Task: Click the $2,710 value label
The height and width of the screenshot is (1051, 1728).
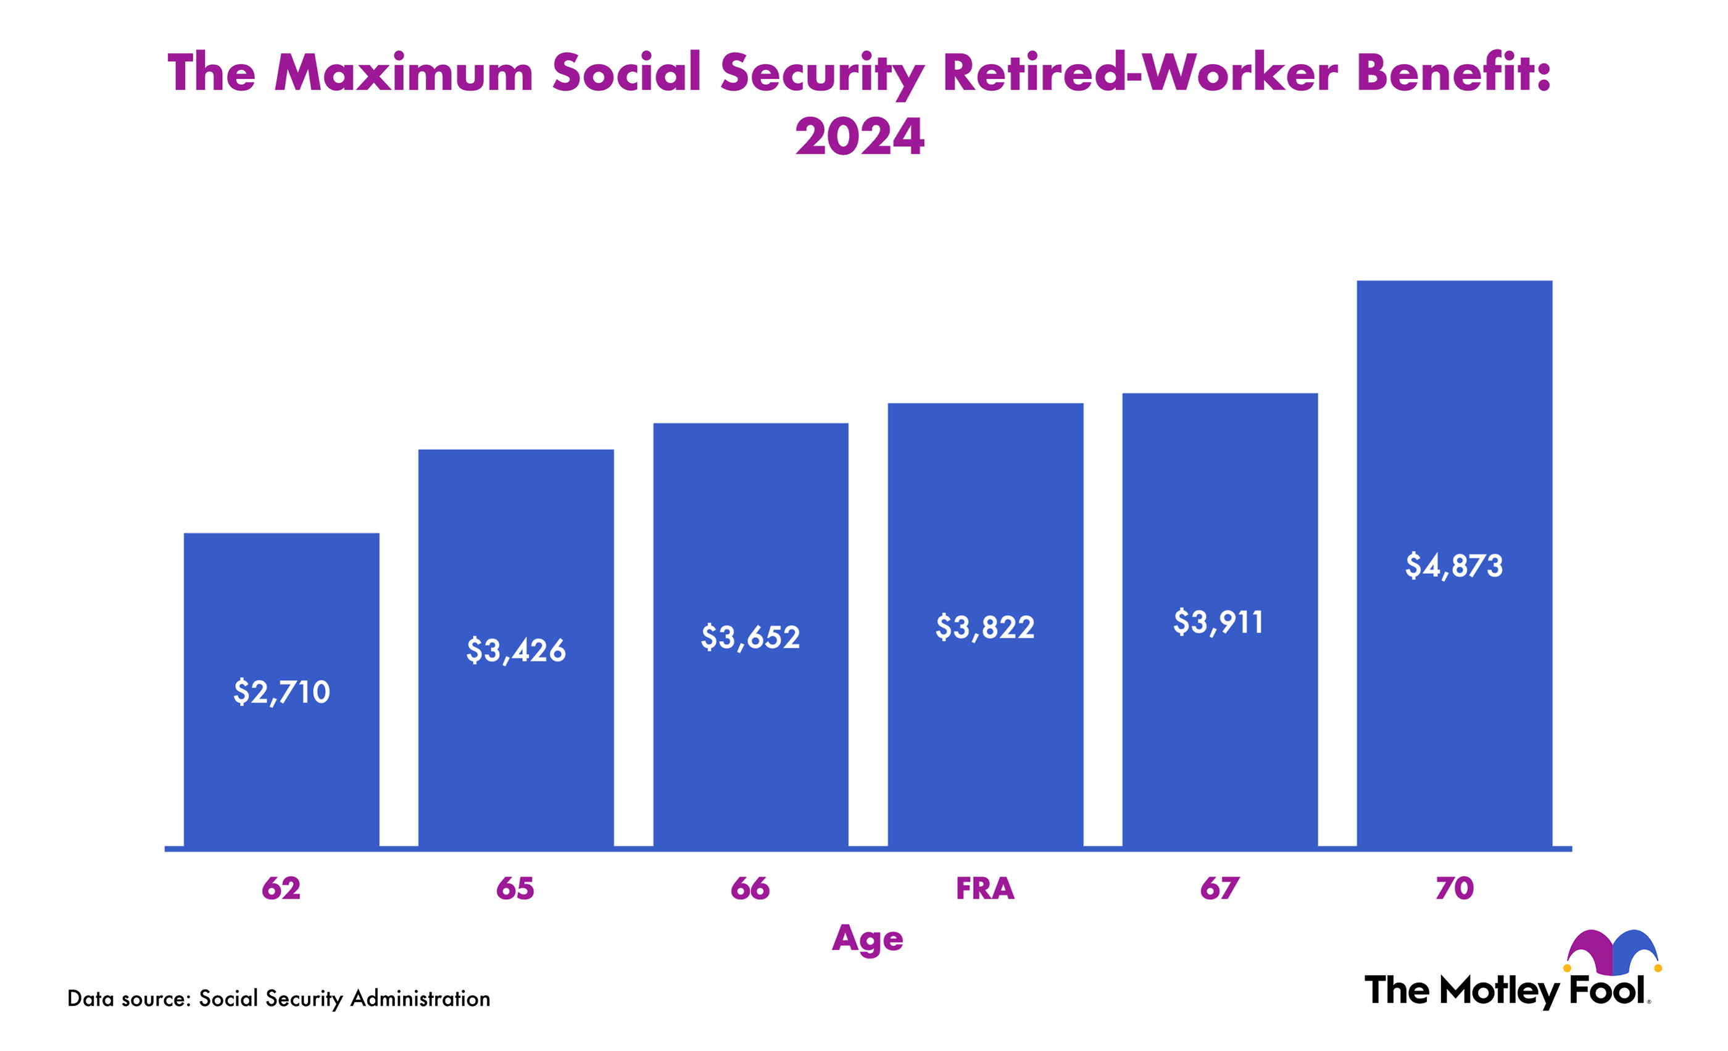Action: pyautogui.click(x=281, y=692)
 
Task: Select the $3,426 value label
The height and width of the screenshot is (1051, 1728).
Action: pyautogui.click(x=515, y=650)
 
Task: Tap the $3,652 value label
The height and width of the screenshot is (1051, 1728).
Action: pyautogui.click(x=750, y=638)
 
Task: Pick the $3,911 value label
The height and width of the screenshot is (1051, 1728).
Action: pyautogui.click(x=1218, y=623)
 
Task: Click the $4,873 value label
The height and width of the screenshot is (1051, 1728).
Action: pyautogui.click(x=1454, y=566)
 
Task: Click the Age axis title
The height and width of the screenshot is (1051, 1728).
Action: pyautogui.click(x=868, y=939)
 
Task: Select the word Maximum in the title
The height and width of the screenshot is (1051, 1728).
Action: pyautogui.click(x=404, y=72)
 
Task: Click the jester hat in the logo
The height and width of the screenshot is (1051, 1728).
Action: pyautogui.click(x=1613, y=952)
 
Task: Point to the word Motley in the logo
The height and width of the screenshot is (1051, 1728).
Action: pyautogui.click(x=1500, y=991)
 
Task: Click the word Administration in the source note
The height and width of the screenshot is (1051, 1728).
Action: pyautogui.click(x=420, y=999)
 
